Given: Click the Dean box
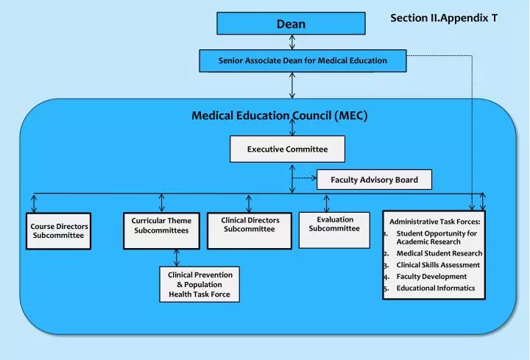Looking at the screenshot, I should [x=291, y=24].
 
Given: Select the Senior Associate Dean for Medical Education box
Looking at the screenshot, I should [x=303, y=60].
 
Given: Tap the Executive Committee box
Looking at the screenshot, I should [x=287, y=149].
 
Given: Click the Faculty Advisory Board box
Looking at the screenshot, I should [x=374, y=180].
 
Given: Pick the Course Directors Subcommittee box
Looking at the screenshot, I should [x=59, y=230].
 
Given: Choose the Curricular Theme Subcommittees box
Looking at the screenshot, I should [x=161, y=225].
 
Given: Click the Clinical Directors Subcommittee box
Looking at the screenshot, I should [x=250, y=225].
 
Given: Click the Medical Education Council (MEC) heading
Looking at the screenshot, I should [x=279, y=116].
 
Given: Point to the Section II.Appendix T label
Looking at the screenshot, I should [x=443, y=17].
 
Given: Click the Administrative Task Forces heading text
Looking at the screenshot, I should [x=434, y=221].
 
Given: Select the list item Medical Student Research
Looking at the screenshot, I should [x=439, y=253].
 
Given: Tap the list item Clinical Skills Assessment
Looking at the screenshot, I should [x=438, y=265].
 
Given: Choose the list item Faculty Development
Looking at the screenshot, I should [x=431, y=277].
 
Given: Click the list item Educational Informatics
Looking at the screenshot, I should [x=436, y=289].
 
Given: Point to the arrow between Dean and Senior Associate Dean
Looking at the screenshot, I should [x=292, y=42].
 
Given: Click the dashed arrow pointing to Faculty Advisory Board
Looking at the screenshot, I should [x=304, y=178].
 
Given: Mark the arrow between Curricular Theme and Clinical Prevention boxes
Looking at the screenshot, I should [x=177, y=257].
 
